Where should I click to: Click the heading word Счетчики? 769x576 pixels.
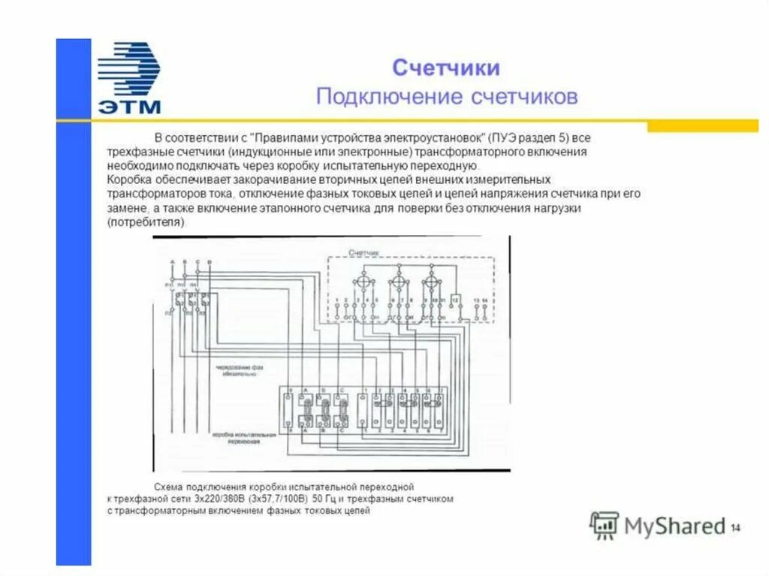pyautogui.click(x=446, y=68)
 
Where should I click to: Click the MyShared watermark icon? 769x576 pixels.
pyautogui.click(x=604, y=526)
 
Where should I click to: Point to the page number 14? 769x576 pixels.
pyautogui.click(x=735, y=528)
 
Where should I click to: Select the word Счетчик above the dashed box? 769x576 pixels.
pyautogui.click(x=364, y=253)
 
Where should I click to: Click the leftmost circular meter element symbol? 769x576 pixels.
pyautogui.click(x=363, y=282)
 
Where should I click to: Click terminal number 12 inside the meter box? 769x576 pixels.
pyautogui.click(x=455, y=300)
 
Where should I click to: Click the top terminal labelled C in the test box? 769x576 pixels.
pyautogui.click(x=342, y=391)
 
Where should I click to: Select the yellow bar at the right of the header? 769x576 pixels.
pyautogui.click(x=702, y=126)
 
